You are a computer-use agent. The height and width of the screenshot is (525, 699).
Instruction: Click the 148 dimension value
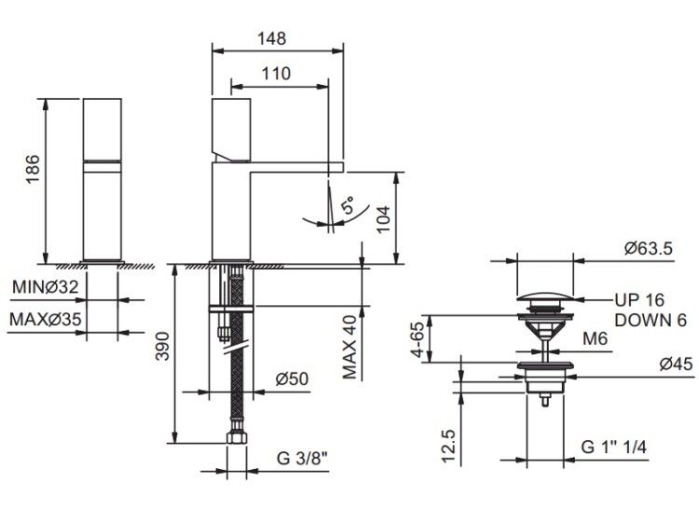pyautogui.click(x=271, y=38)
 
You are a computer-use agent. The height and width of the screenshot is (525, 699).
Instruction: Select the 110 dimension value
pyautogui.click(x=276, y=73)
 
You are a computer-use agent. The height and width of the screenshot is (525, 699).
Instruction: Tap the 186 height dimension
pyautogui.click(x=33, y=169)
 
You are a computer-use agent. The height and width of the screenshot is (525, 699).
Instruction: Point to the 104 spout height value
pyautogui.click(x=383, y=218)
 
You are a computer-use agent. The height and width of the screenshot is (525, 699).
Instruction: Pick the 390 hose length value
pyautogui.click(x=162, y=346)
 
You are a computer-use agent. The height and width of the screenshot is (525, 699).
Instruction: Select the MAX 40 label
pyautogui.click(x=349, y=348)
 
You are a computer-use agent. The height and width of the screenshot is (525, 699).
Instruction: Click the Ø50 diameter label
pyautogui.click(x=292, y=379)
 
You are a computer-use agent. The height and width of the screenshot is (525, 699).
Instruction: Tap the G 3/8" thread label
pyautogui.click(x=303, y=458)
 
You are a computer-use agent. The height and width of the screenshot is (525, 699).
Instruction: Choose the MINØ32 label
pyautogui.click(x=45, y=286)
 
